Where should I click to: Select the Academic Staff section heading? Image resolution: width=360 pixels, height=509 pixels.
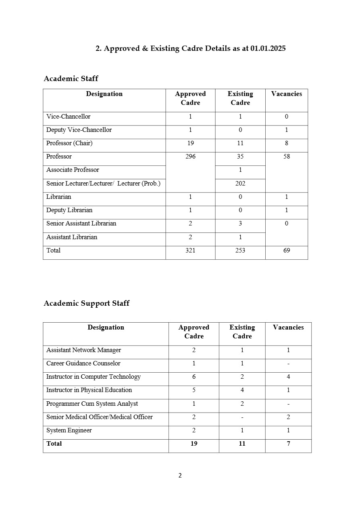[71, 79]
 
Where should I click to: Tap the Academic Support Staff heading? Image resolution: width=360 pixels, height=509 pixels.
[86, 303]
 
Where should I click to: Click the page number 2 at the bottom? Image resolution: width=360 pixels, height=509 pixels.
[180, 476]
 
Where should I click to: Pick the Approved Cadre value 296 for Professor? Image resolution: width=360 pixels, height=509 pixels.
[190, 156]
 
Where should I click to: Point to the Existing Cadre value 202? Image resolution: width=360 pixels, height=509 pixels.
[240, 184]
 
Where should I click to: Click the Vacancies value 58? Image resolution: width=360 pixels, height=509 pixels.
[287, 156]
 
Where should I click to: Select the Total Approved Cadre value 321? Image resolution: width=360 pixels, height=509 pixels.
[190, 250]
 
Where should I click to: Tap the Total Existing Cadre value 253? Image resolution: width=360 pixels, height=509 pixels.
[240, 250]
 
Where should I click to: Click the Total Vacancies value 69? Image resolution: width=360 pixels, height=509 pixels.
[287, 250]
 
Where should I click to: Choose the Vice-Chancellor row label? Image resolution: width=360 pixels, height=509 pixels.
[68, 117]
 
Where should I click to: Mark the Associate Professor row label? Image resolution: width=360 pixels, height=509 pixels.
[73, 170]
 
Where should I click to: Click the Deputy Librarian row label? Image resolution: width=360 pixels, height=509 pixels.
[69, 210]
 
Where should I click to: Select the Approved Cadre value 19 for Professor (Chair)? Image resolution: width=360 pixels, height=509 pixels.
[190, 143]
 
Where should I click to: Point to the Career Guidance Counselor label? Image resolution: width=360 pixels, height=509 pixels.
[83, 363]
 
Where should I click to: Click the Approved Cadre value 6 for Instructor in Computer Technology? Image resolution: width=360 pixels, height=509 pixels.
[194, 377]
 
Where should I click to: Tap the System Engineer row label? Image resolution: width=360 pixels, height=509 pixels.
[69, 430]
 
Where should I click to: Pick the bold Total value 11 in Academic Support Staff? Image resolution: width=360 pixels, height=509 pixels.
[242, 444]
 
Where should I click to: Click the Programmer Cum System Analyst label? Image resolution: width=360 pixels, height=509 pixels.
[92, 404]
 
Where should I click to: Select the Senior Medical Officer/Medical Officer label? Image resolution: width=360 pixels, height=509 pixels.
[99, 417]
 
